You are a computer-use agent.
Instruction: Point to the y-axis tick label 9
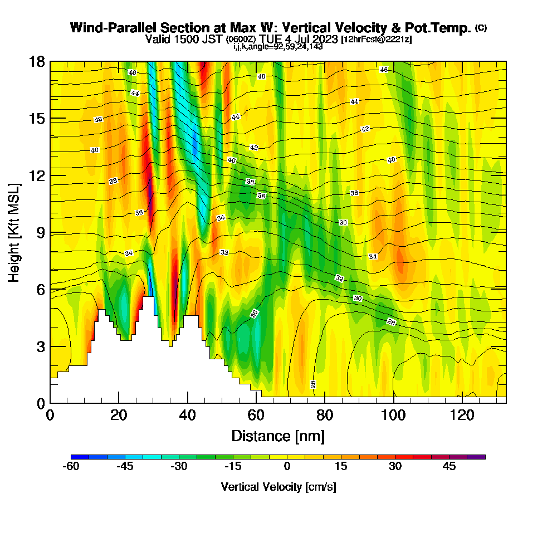(40, 232)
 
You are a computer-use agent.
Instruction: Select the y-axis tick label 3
(40, 346)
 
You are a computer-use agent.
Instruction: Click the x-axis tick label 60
(256, 416)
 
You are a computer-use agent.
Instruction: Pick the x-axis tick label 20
(119, 416)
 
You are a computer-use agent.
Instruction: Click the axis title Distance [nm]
(278, 436)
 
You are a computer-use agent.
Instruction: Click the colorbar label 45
(449, 466)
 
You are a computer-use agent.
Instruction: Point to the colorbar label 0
(287, 466)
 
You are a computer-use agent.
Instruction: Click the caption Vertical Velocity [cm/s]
(278, 487)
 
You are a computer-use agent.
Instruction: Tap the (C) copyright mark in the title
(481, 28)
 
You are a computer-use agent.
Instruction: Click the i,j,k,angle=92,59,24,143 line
(278, 47)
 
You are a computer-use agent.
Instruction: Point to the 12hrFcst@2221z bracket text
(377, 40)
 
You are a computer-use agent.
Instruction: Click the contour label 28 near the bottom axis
(313, 384)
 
